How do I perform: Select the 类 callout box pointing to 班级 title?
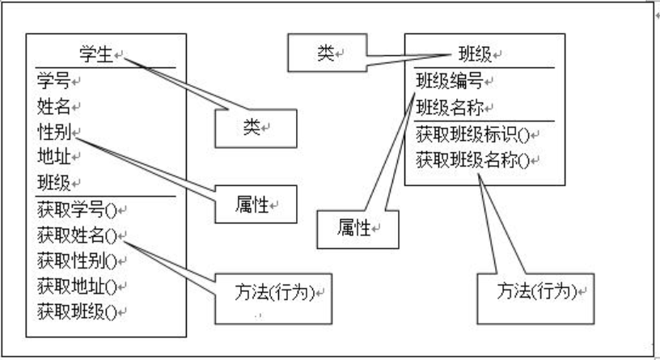pos(327,53)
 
